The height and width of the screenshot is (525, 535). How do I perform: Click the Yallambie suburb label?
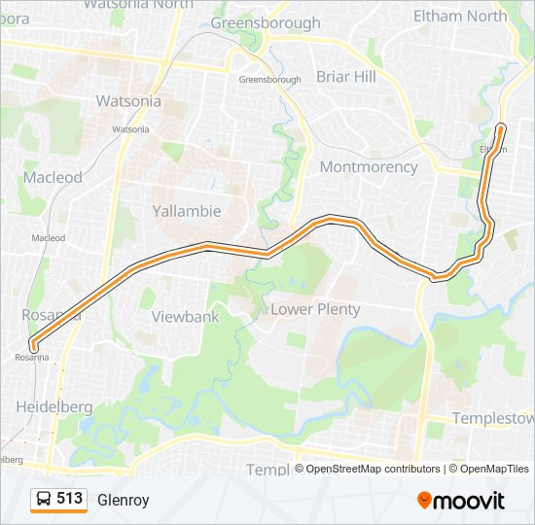point(187,211)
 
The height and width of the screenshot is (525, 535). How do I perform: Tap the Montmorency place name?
point(369,166)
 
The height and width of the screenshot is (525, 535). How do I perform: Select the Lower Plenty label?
point(315,309)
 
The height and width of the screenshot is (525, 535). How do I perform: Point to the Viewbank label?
point(185,316)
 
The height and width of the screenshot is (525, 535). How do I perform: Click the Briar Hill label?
point(345,77)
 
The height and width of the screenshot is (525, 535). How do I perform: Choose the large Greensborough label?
point(265,22)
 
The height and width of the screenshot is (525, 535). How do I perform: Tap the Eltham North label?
point(459,16)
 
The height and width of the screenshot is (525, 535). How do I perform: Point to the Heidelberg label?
point(54,405)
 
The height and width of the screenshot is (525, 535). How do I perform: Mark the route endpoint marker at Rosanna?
point(33,345)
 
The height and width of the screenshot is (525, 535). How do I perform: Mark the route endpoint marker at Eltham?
point(501,127)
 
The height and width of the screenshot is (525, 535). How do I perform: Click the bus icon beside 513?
point(44,499)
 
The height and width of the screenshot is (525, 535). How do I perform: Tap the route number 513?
point(69,498)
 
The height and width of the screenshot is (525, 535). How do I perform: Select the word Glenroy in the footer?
point(123,499)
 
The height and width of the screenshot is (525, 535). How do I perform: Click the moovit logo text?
point(471,501)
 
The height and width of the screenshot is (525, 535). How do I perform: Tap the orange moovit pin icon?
point(425,500)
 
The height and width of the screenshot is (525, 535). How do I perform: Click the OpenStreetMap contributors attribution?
point(374,469)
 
